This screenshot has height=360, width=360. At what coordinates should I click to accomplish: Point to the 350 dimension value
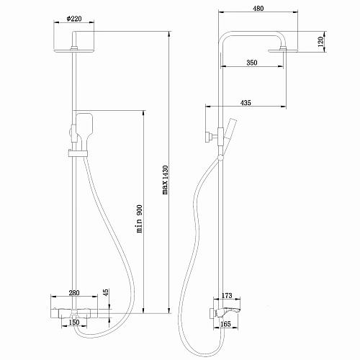[251, 63]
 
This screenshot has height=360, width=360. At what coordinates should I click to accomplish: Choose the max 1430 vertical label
[164, 180]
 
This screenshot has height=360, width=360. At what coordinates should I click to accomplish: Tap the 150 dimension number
[74, 323]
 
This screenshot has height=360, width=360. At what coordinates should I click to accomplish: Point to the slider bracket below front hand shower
[76, 152]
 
